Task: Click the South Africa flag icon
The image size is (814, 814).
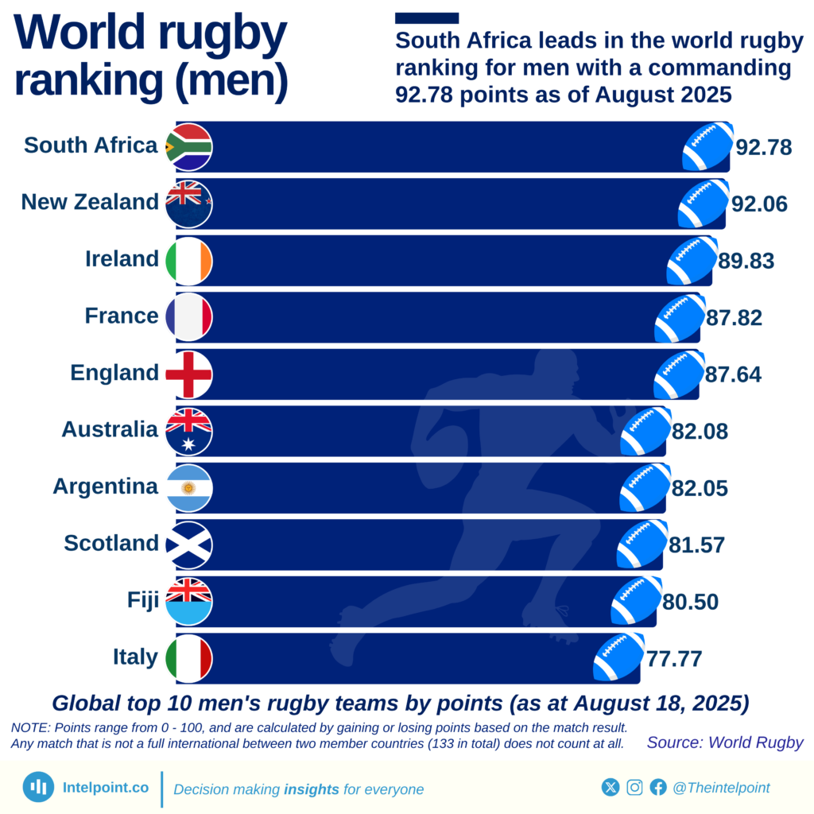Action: (188, 147)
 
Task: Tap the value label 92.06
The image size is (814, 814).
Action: (759, 204)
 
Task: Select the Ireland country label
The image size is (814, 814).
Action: (122, 259)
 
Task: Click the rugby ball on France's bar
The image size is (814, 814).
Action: (680, 318)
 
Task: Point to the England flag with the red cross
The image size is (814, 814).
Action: (188, 374)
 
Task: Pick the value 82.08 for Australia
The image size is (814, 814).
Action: (700, 432)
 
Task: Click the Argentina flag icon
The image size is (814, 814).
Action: (188, 488)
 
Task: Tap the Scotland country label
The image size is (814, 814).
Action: (111, 544)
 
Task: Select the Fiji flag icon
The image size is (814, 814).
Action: (188, 601)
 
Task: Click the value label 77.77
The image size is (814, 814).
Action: (674, 659)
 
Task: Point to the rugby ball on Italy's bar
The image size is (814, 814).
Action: (618, 657)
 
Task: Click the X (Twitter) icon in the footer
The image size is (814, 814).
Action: (610, 787)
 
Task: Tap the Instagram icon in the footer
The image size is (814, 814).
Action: (634, 787)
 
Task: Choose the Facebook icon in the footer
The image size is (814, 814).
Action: (658, 787)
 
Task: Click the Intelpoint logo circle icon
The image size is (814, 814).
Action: (38, 787)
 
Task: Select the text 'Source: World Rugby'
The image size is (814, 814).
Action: (725, 743)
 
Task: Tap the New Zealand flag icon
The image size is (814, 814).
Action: (188, 203)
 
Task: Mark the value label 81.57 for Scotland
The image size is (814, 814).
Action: (697, 545)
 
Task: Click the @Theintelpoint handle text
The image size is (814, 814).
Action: (721, 788)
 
